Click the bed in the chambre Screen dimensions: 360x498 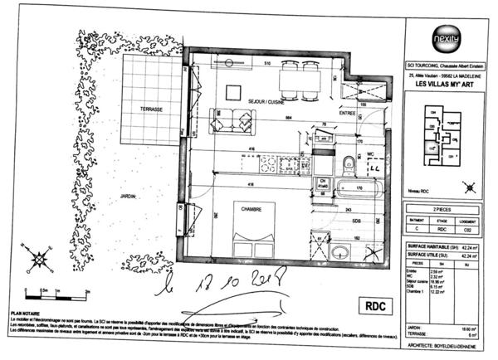click(x=253, y=228)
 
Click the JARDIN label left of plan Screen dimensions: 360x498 click(x=127, y=197)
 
